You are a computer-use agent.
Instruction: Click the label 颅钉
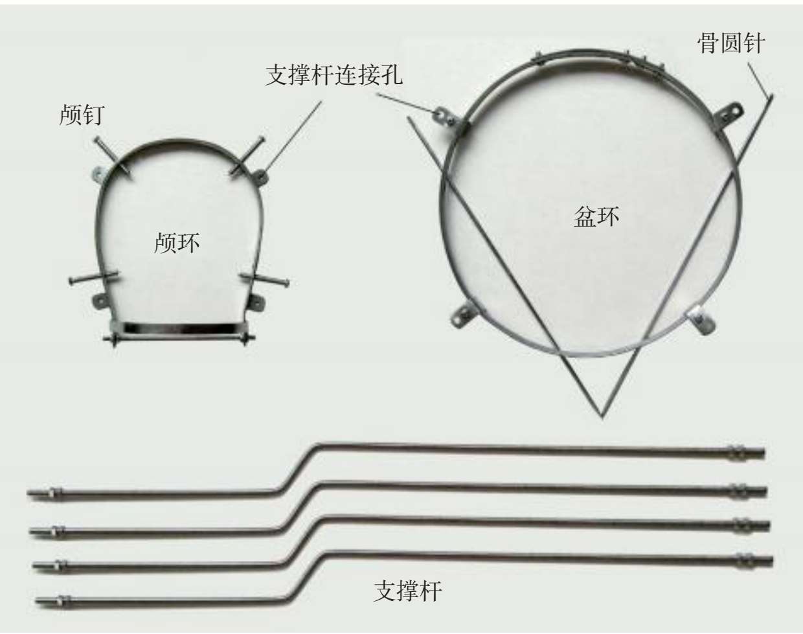[x=82, y=116]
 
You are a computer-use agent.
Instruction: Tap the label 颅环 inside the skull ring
[x=177, y=243]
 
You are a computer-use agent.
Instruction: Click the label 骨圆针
[x=731, y=43]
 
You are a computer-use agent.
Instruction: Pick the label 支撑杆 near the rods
[x=408, y=591]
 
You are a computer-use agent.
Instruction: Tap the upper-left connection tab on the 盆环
[x=443, y=116]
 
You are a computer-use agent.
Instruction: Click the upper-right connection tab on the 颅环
[x=262, y=175]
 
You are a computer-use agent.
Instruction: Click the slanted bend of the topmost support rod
[x=300, y=466]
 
